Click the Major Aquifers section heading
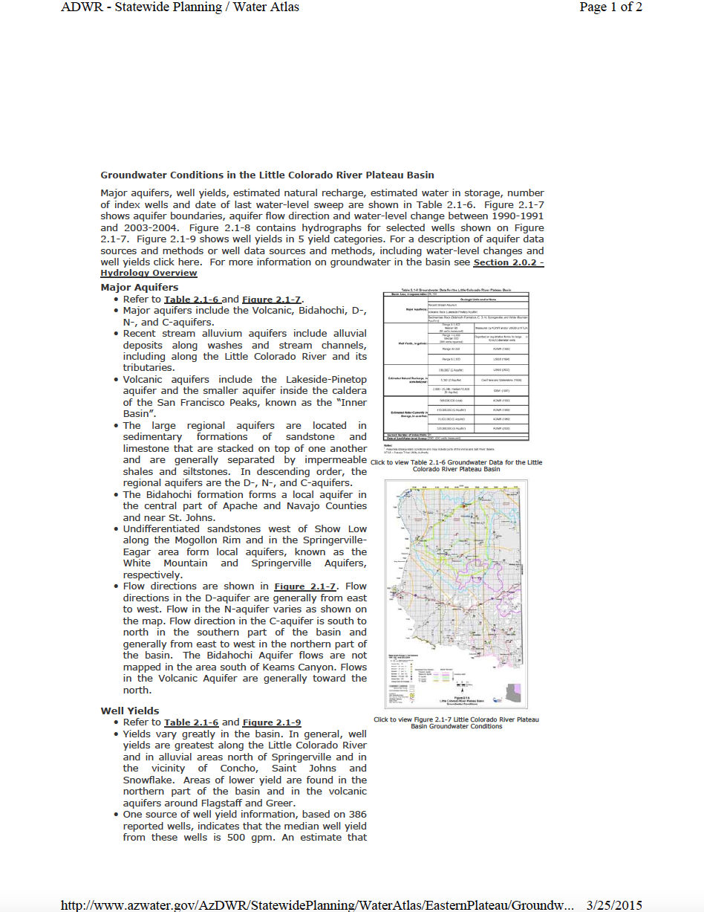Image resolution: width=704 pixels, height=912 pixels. (139, 287)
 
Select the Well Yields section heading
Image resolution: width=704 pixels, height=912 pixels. (130, 711)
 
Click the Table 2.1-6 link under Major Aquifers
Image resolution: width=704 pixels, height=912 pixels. (192, 299)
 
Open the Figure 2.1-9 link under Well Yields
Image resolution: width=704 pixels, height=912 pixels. (271, 722)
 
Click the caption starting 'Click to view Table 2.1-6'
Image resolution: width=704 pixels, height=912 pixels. (456, 465)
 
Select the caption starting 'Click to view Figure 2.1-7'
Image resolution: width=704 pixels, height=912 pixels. (456, 722)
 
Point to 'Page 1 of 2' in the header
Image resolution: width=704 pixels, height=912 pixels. (610, 7)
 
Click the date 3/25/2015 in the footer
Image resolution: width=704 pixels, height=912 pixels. (614, 905)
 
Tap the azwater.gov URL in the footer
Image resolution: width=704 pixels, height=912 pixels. (317, 905)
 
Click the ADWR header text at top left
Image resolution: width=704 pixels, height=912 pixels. (180, 7)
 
